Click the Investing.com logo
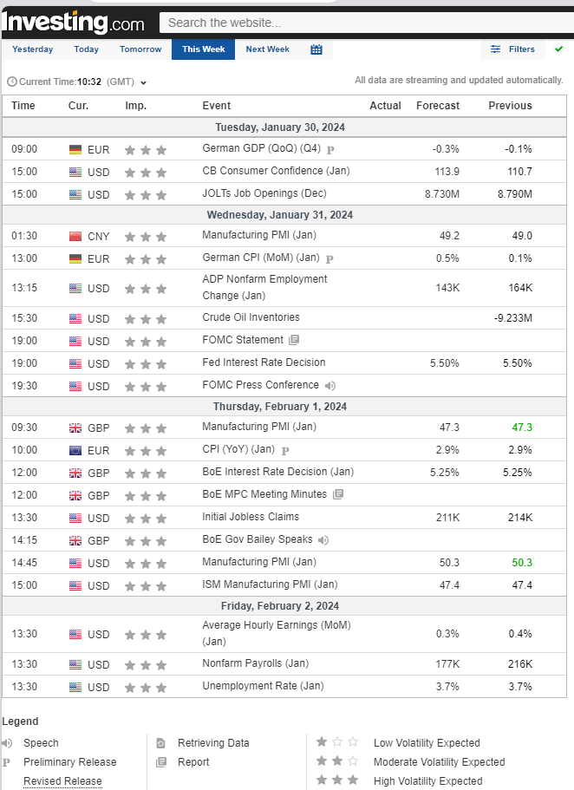74,21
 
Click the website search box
364,23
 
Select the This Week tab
204,49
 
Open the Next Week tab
267,49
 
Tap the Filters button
513,49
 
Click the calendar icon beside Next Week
316,49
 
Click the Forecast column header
438,106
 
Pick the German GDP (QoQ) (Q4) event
261,148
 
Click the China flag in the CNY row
75,236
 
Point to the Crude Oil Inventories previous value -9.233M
513,318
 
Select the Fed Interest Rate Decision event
264,362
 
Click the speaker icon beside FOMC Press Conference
330,386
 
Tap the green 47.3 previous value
522,428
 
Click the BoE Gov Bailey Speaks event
258,539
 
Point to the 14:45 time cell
23,563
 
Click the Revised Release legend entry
62,781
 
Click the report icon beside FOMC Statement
294,340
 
